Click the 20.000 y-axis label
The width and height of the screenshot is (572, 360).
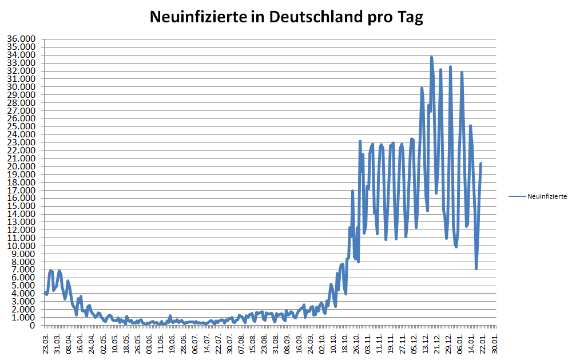[x=21, y=167]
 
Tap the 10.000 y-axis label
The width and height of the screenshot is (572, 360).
[x=21, y=246]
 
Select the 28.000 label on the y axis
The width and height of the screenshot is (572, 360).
[x=21, y=103]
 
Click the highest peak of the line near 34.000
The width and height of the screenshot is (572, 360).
[x=431, y=57]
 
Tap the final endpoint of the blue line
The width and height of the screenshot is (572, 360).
[x=481, y=164]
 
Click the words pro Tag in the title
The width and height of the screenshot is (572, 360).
[x=394, y=17]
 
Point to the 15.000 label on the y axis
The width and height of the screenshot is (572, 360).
[x=21, y=206]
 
